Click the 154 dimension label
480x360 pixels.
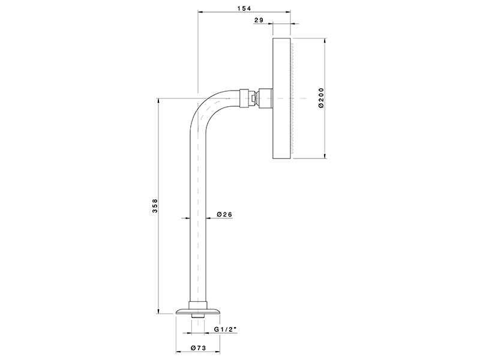244,8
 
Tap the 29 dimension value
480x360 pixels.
259,20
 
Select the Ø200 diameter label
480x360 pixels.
321,98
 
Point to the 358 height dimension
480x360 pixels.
155,206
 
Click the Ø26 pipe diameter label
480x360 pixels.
224,214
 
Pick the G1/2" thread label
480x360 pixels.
226,329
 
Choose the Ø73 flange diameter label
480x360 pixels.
199,348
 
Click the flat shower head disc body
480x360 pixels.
281,98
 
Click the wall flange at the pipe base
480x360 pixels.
198,311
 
